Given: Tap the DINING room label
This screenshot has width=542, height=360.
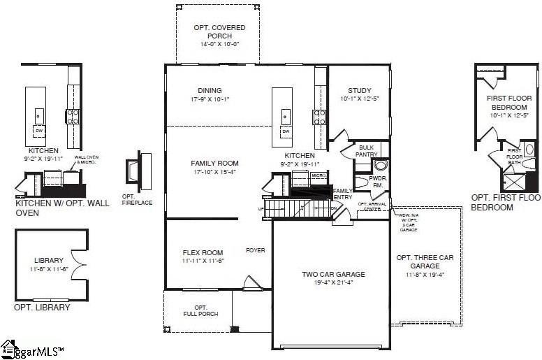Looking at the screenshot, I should (x=210, y=90).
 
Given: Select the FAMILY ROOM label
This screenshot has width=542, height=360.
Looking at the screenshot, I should (x=214, y=163).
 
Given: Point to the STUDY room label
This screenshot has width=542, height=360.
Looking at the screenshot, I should (x=359, y=90).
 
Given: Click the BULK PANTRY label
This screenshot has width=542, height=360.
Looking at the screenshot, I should (x=367, y=151).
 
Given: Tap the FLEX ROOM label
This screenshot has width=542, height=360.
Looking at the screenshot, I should (x=203, y=252).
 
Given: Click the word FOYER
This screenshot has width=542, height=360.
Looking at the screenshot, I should (x=255, y=250).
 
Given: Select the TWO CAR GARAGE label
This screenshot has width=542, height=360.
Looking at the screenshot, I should (x=333, y=274).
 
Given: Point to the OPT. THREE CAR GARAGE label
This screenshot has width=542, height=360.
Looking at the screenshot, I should (x=425, y=261).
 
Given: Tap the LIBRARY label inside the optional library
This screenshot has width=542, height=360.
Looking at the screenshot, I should (x=49, y=260).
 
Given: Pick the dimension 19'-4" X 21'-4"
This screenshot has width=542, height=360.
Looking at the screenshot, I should (x=333, y=283).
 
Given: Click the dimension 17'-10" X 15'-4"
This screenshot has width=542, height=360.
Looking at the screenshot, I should (x=214, y=172).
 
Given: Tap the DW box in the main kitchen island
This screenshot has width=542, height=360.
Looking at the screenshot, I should (x=285, y=131).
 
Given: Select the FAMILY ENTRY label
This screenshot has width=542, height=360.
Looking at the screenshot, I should (x=342, y=194).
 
